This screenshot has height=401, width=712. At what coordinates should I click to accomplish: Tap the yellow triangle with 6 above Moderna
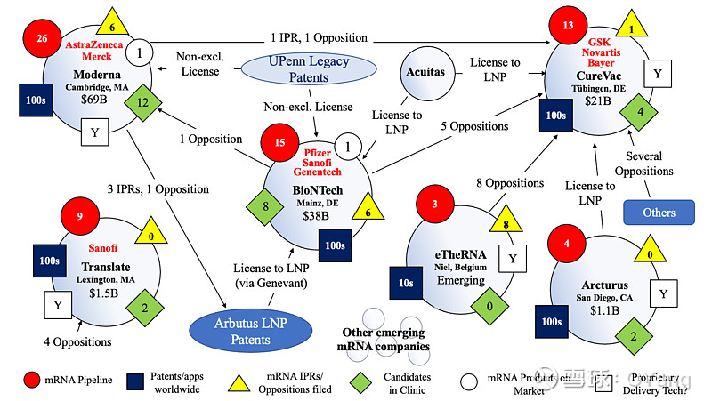coord(112,21)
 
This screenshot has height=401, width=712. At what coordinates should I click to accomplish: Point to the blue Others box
coord(659,212)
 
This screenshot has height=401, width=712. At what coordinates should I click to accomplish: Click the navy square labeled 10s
coord(405,283)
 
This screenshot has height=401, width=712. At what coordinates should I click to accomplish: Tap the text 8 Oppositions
coord(508,183)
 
